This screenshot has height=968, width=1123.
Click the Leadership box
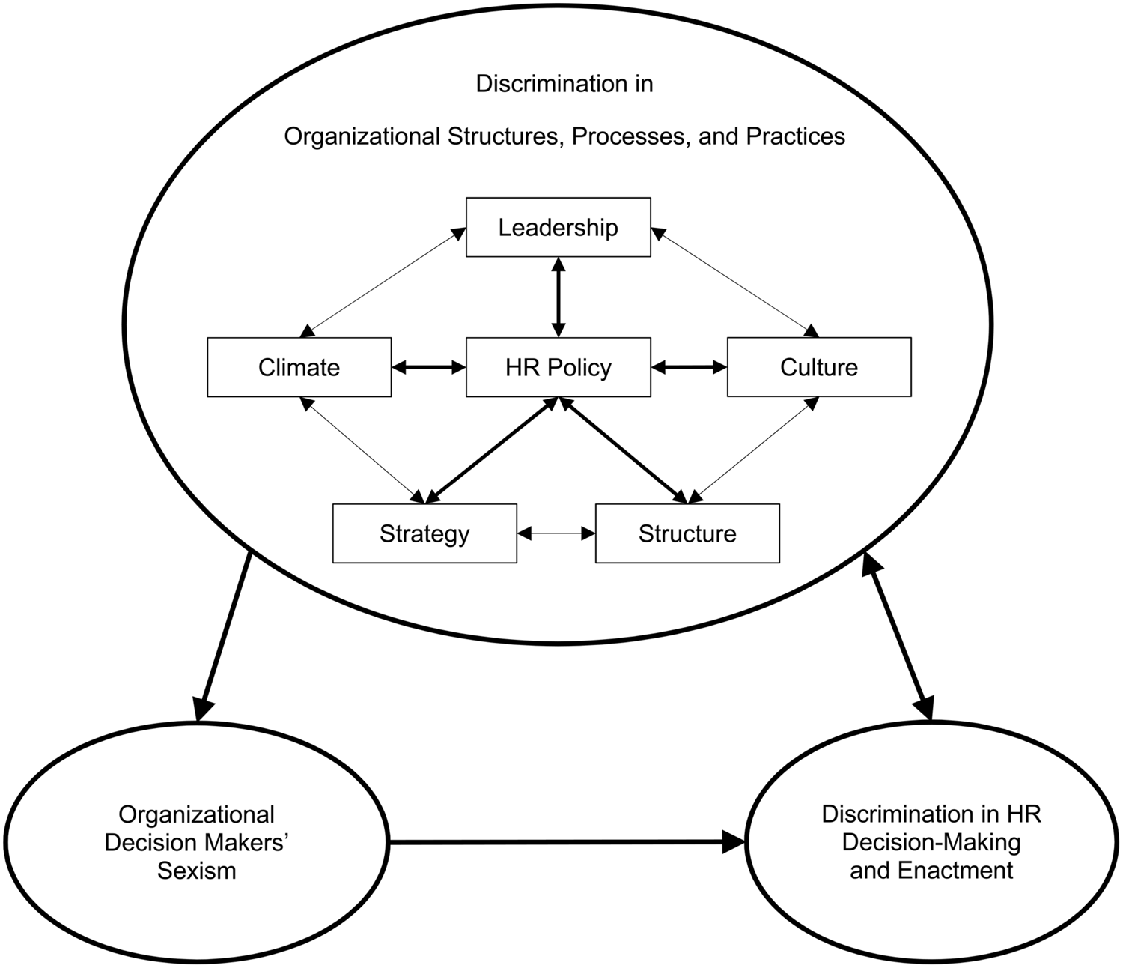pyautogui.click(x=558, y=227)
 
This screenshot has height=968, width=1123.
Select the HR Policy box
pyautogui.click(x=558, y=367)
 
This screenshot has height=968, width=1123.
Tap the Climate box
pyautogui.click(x=299, y=367)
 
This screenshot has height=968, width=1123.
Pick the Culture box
pyautogui.click(x=819, y=367)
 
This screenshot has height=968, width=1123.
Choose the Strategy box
pyautogui.click(x=424, y=533)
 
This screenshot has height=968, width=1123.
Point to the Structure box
pyautogui.click(x=687, y=533)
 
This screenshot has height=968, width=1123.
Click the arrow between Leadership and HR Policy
pyautogui.click(x=558, y=297)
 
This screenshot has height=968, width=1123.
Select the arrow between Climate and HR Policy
pyautogui.click(x=428, y=367)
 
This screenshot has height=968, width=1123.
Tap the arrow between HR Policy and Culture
pyautogui.click(x=689, y=367)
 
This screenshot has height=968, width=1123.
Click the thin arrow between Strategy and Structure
pyautogui.click(x=556, y=533)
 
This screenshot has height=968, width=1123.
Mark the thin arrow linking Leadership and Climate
pyautogui.click(x=382, y=282)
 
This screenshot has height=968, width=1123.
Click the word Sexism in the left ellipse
pyautogui.click(x=196, y=871)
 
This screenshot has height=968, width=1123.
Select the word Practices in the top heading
pyautogui.click(x=795, y=136)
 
